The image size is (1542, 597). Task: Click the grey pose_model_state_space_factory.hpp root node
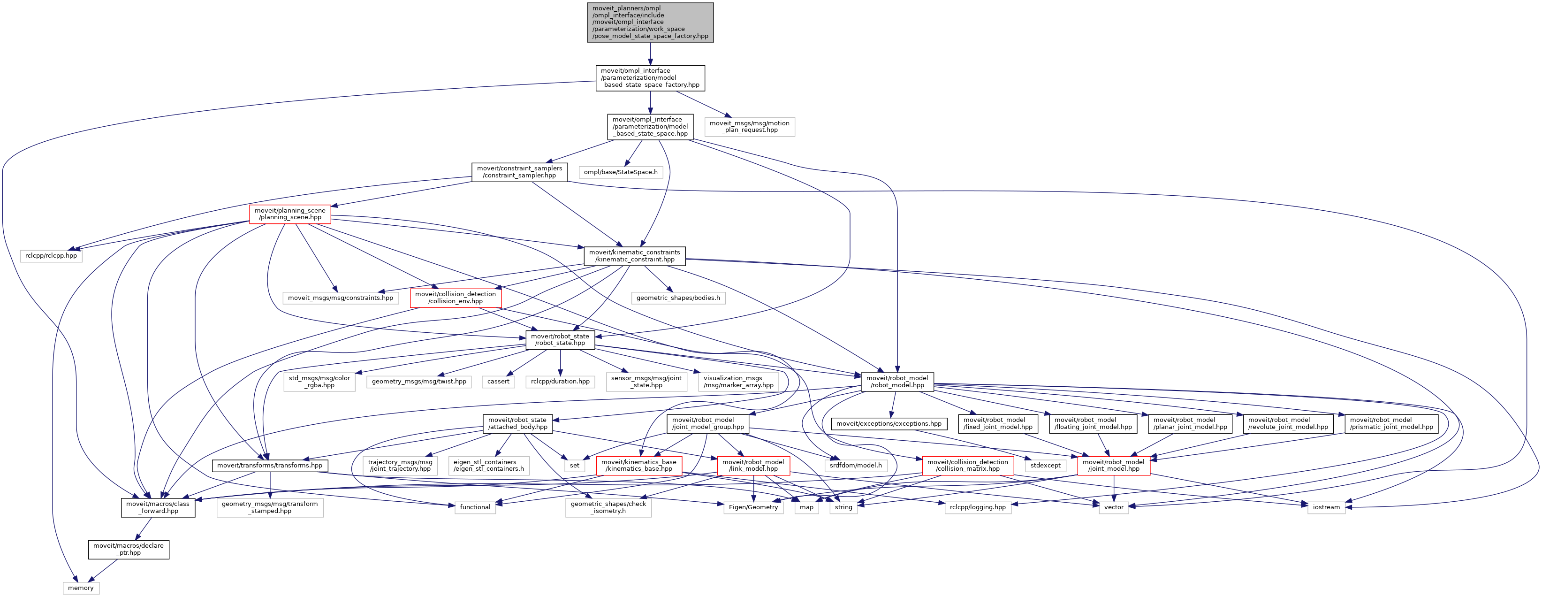tap(650, 22)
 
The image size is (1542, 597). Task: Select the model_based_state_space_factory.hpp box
tap(650, 78)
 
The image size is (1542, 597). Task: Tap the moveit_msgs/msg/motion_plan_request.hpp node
tap(750, 126)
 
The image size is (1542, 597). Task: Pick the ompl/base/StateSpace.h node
tap(621, 172)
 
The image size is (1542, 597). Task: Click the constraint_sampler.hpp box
tap(519, 172)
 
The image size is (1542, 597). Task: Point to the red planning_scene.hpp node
tap(290, 214)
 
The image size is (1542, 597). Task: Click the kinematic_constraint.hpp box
tap(635, 256)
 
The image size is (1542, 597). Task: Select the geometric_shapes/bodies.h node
tap(678, 298)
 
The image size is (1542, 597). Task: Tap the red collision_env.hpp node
tap(456, 298)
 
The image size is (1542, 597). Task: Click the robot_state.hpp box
tap(560, 339)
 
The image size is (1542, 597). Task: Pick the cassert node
tap(498, 382)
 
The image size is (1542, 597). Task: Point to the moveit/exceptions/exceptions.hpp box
tap(889, 423)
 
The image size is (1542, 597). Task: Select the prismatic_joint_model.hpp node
tap(1391, 423)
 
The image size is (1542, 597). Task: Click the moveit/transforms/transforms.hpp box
tap(269, 465)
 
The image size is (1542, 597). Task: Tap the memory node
tap(81, 588)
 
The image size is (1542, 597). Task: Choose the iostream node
tap(1326, 507)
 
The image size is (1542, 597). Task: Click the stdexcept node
tap(1045, 465)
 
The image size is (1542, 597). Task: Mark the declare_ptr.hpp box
tap(129, 549)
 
